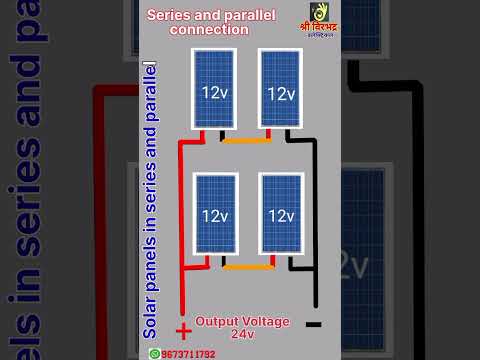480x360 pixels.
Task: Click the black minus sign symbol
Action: click(313, 324)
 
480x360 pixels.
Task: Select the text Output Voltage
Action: click(242, 321)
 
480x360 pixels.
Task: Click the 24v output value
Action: click(243, 333)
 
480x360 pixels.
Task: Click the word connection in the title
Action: click(209, 30)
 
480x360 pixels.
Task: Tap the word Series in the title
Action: click(167, 15)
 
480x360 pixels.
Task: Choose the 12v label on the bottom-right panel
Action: click(281, 216)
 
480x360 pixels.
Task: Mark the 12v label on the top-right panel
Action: click(281, 93)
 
